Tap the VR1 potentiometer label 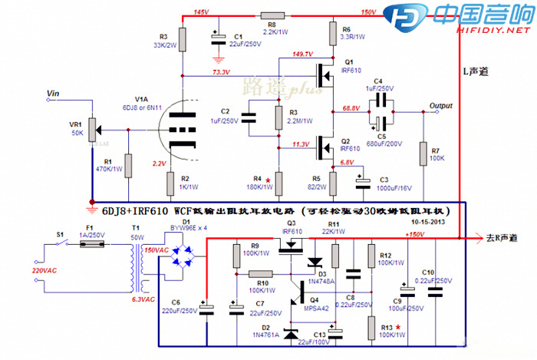75,124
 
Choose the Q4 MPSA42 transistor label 318,304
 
